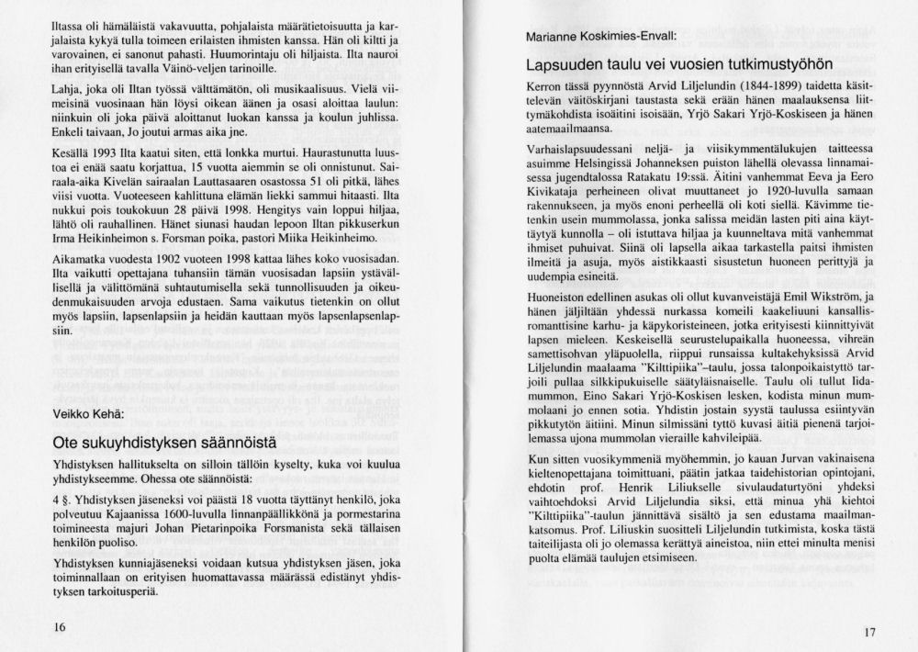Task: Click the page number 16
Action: tap(60, 627)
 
